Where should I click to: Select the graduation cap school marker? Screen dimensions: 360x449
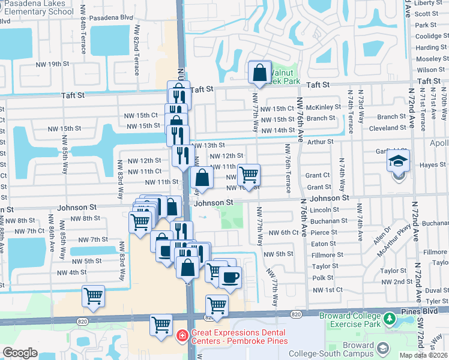pyautogui.click(x=398, y=162)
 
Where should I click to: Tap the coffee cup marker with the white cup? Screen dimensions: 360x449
pyautogui.click(x=230, y=277)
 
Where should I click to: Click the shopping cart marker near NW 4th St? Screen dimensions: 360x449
pyautogui.click(x=94, y=296)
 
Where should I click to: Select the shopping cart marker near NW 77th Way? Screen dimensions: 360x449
pyautogui.click(x=249, y=175)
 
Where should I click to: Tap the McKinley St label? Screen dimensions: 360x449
pyautogui.click(x=324, y=107)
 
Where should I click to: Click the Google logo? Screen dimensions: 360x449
pyautogui.click(x=20, y=353)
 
